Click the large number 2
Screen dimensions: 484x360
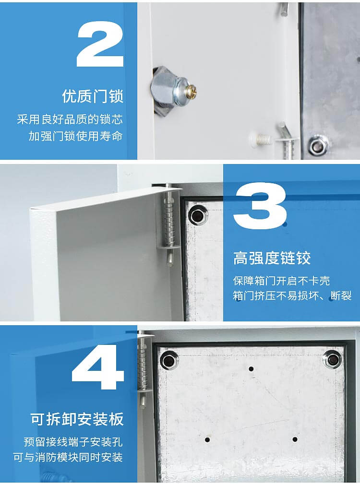pos(100,44)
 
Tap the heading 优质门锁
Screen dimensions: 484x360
pos(93,96)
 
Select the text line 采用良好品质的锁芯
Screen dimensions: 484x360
pos(70,119)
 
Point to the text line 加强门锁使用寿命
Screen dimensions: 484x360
pos(75,136)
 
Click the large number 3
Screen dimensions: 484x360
pos(260,207)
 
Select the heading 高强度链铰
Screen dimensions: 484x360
pos(272,258)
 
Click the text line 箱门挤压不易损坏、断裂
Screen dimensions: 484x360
pos(292,295)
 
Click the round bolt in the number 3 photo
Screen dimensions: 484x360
pos(197,215)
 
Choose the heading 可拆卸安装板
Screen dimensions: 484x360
pos(77,419)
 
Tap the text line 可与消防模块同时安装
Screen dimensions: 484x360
pos(68,457)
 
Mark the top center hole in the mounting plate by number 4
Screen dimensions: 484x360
pos(251,369)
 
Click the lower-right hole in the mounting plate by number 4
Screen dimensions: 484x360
pos(295,439)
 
